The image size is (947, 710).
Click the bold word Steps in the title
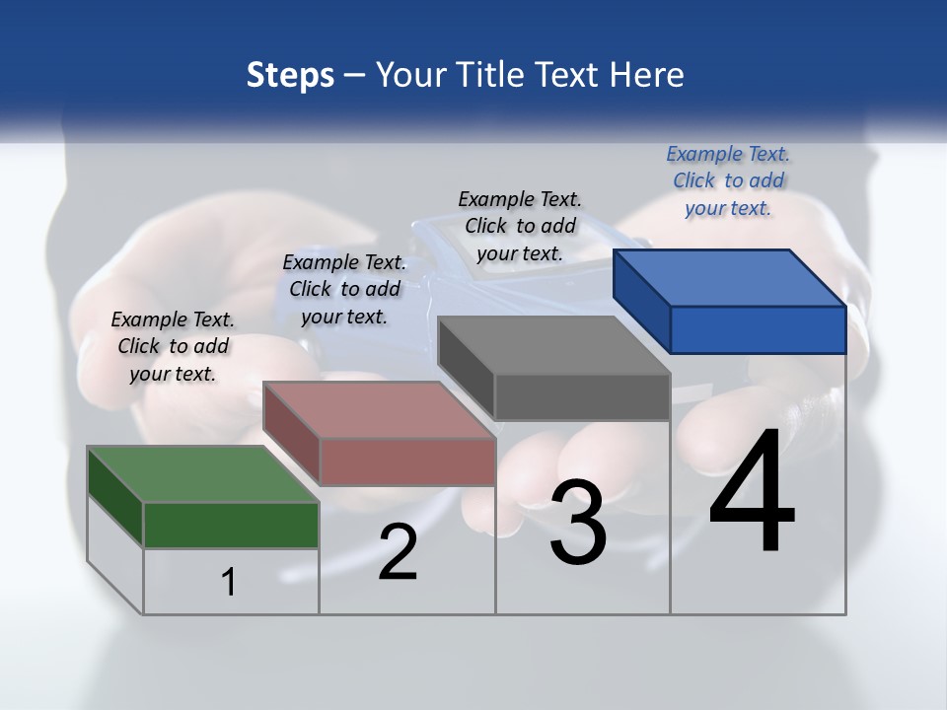click(x=290, y=75)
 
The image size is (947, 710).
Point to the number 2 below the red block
click(x=398, y=552)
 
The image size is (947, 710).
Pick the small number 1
click(x=229, y=582)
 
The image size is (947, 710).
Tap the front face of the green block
click(x=231, y=525)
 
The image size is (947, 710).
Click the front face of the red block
click(x=407, y=461)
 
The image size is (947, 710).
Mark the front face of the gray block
click(x=582, y=397)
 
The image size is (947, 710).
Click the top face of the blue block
click(x=730, y=277)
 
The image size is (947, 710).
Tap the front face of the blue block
click(x=758, y=329)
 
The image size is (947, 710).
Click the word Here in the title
click(x=647, y=75)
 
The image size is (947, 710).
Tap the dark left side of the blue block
click(x=641, y=302)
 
